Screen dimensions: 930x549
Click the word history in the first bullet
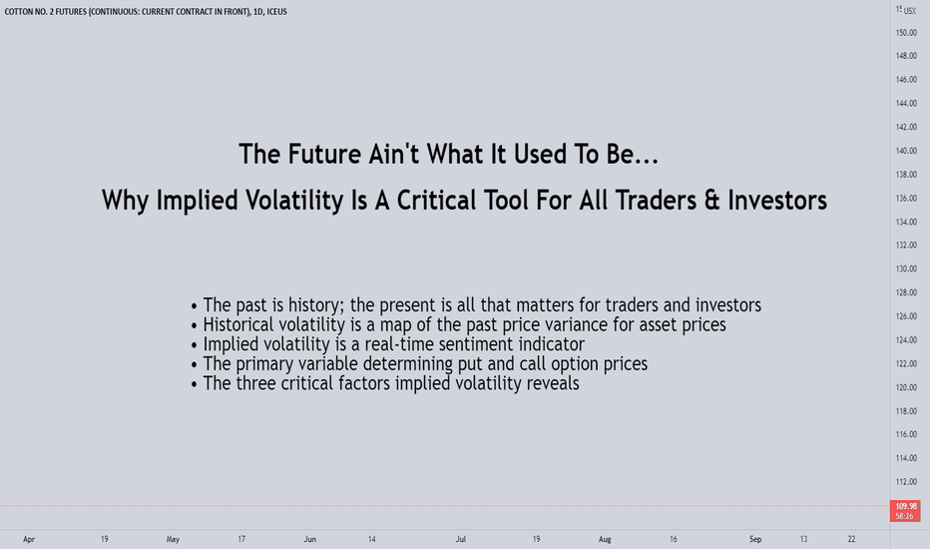pos(315,305)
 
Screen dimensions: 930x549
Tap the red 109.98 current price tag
pos(905,510)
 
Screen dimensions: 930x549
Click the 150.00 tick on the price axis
pos(906,33)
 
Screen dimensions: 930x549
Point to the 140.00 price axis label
pos(906,151)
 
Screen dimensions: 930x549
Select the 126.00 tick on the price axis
pos(906,316)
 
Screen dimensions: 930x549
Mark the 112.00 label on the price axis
pos(906,482)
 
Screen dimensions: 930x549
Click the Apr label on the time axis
pos(29,539)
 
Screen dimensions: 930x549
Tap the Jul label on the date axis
pos(461,539)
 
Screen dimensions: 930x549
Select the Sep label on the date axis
pos(755,539)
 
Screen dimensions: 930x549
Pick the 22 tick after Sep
pos(851,539)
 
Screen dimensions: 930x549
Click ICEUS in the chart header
pos(277,11)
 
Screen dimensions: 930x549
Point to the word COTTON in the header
pos(19,11)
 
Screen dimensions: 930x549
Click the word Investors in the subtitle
pos(777,200)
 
